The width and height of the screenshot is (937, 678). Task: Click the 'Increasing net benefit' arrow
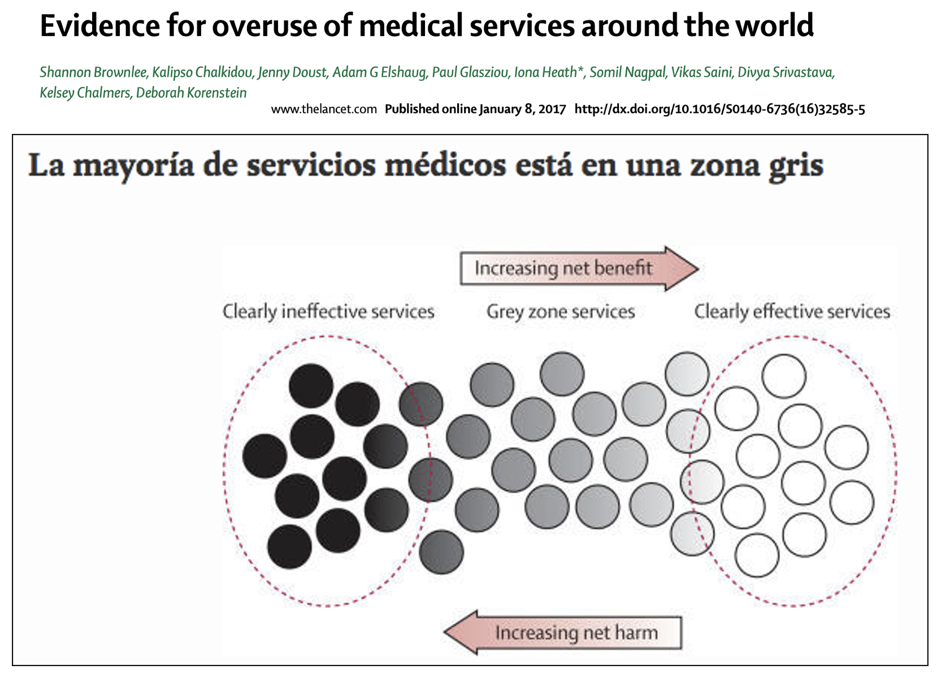coord(579,268)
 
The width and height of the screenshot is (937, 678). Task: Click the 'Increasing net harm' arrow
coord(563,632)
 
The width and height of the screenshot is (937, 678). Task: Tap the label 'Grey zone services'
coord(561,312)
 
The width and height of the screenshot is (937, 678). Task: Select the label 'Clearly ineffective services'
coord(328,312)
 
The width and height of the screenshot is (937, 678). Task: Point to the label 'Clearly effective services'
coord(792,312)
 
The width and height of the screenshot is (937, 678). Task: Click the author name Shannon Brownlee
coord(93,72)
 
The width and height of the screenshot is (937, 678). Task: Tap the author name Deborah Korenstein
coord(191,93)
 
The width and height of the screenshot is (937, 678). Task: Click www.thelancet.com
coord(324,109)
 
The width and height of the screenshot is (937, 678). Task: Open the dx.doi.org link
coord(719,109)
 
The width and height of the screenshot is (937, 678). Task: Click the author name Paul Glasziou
coord(470,72)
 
